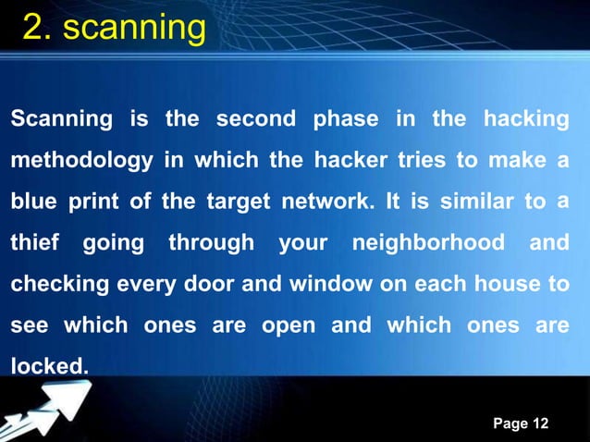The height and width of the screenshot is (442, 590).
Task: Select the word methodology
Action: (81, 162)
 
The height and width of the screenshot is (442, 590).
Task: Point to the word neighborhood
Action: (428, 245)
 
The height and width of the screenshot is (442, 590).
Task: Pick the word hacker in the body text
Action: (354, 161)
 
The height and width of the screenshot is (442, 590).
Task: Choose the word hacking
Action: (525, 120)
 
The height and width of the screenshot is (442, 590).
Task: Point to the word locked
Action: (49, 368)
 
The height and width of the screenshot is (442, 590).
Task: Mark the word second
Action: (256, 120)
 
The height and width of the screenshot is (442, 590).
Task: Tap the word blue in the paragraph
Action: (33, 203)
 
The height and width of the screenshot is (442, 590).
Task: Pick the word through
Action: (211, 245)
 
